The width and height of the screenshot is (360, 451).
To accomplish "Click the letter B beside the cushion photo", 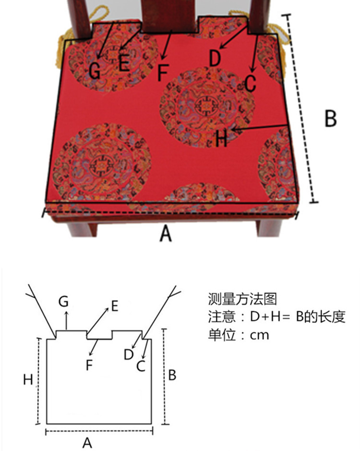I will click(x=330, y=119).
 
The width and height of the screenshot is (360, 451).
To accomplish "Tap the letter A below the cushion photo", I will click(x=165, y=234).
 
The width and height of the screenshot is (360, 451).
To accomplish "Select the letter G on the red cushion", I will click(x=95, y=72).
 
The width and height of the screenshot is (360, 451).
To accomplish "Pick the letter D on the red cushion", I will click(x=215, y=59).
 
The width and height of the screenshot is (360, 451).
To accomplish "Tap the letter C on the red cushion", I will click(x=250, y=83).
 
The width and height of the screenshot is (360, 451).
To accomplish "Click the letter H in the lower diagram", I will click(x=28, y=380).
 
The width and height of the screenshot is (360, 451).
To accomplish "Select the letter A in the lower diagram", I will click(x=87, y=441).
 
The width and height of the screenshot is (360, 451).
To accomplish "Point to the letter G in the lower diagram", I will click(x=63, y=302).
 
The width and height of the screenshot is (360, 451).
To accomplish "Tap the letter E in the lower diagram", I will click(x=114, y=305).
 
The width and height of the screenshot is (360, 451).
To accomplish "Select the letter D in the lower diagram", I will click(x=128, y=354).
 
